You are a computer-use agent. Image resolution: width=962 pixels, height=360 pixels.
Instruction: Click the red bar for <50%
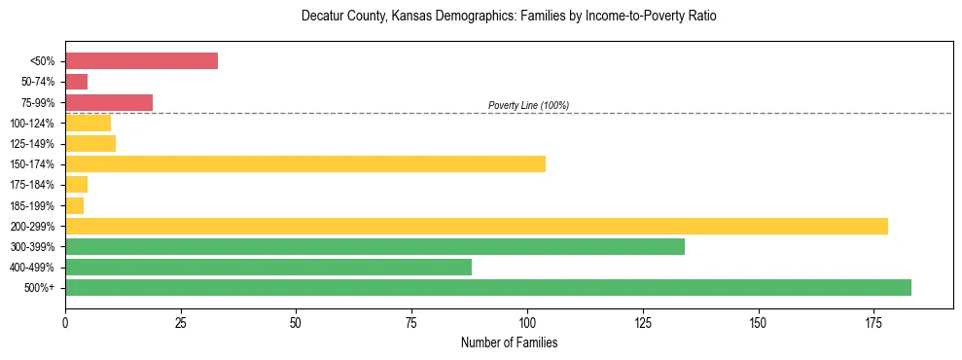141,61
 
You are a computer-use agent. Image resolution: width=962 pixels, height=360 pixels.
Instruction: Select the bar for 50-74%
76,82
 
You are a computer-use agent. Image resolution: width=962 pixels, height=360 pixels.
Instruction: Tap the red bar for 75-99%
109,102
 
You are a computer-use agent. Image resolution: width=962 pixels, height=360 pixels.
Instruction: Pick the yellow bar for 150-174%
305,163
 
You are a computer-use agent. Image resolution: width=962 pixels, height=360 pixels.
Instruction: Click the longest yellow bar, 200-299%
477,226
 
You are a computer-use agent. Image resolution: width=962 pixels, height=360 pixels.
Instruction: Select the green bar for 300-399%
374,246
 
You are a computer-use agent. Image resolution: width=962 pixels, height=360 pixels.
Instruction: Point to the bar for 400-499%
268,267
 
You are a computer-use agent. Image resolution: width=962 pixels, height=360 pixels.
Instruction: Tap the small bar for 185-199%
74,205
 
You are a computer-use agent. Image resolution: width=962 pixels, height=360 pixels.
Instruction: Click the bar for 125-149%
90,143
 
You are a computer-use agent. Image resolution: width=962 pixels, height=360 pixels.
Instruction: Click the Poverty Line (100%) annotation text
528,105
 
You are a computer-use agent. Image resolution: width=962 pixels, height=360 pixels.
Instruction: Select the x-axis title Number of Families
509,342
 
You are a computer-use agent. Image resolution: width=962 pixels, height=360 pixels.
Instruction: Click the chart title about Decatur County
509,17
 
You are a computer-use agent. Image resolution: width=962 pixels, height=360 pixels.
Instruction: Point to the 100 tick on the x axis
527,320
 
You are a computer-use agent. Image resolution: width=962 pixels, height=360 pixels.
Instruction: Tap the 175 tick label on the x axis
758,320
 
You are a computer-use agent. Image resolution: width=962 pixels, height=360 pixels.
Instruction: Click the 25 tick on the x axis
181,320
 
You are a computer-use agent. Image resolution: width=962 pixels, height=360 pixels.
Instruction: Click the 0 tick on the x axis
65,320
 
